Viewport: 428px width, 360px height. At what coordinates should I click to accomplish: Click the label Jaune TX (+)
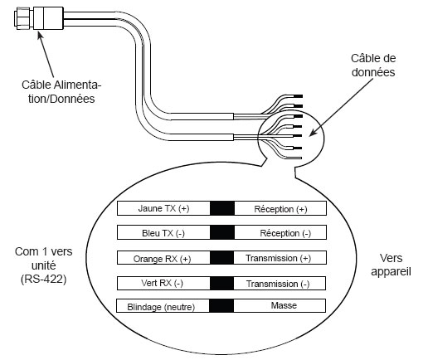[x=163, y=208]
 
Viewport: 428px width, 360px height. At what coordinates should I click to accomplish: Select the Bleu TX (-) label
[x=163, y=233]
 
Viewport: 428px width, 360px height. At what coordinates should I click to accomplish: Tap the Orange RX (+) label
[x=162, y=259]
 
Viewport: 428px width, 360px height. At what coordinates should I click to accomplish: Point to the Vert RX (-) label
[x=162, y=283]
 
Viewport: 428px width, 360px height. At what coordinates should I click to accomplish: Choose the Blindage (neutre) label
[x=161, y=307]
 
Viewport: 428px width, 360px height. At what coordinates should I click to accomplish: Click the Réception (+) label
[x=280, y=209]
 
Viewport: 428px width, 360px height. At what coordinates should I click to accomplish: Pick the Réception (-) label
[x=285, y=233]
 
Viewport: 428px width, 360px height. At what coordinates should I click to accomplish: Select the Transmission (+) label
[x=278, y=258]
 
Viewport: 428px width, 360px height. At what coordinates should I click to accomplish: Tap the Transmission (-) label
[x=278, y=284]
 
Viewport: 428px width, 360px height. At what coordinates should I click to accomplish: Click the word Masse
[x=284, y=305]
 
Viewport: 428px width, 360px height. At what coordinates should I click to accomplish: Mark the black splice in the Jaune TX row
[x=222, y=208]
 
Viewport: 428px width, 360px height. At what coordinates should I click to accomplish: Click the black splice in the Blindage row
[x=221, y=305]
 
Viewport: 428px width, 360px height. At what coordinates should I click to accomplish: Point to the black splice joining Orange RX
[x=221, y=257]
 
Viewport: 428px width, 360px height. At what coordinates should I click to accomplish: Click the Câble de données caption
[x=373, y=66]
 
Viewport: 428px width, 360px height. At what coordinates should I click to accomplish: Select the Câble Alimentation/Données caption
[x=61, y=92]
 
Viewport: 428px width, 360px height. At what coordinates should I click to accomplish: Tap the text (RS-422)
[x=44, y=279]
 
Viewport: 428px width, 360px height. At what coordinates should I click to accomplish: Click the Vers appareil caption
[x=391, y=265]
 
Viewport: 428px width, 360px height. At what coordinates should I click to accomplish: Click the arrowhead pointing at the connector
[x=40, y=35]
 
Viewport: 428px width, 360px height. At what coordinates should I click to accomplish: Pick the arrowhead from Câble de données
[x=313, y=133]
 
